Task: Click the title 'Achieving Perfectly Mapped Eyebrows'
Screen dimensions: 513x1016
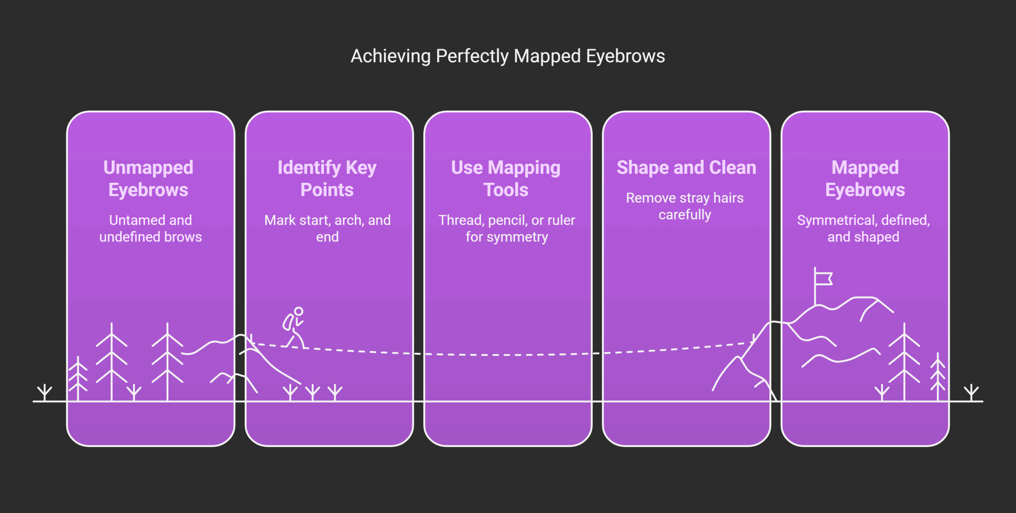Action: (508, 56)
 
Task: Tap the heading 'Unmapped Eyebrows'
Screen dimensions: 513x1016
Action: (148, 178)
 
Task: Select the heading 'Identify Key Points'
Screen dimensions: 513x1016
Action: (327, 178)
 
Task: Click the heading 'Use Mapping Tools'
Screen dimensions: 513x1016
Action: (506, 178)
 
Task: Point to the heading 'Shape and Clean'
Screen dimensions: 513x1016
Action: (686, 168)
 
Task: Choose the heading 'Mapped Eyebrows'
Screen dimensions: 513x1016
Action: (865, 178)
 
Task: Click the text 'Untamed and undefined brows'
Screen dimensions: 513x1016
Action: (150, 228)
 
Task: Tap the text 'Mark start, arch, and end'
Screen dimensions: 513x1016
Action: (327, 228)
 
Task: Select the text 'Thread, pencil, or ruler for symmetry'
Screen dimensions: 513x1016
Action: (506, 228)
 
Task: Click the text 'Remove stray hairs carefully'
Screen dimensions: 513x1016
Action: (685, 206)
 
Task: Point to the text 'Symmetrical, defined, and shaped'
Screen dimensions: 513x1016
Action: (863, 228)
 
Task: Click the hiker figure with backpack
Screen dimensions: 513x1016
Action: (294, 328)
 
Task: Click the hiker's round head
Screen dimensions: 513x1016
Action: (298, 312)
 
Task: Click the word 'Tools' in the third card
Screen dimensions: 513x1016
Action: (506, 190)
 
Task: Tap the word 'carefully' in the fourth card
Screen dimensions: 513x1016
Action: (685, 214)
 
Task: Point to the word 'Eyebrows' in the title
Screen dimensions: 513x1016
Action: (625, 56)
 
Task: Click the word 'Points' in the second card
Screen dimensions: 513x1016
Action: (327, 190)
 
